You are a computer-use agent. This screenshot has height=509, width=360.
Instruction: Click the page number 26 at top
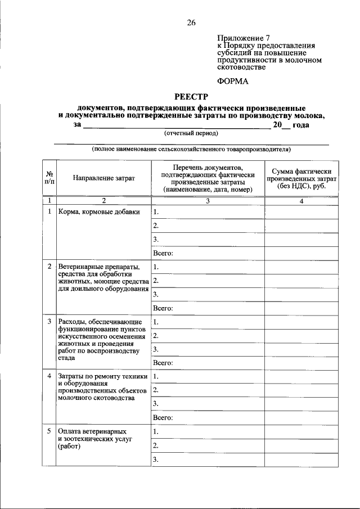coord(191,22)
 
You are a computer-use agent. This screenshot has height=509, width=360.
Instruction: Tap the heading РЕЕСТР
coord(191,97)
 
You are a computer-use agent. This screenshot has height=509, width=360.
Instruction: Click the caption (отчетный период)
coord(191,133)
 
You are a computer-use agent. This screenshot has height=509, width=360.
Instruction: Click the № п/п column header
coord(49,178)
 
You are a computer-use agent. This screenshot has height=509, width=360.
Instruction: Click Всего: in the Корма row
coord(163,254)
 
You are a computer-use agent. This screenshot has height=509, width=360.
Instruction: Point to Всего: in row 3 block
coord(163,363)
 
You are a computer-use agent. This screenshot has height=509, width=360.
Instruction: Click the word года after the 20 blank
coord(301,125)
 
